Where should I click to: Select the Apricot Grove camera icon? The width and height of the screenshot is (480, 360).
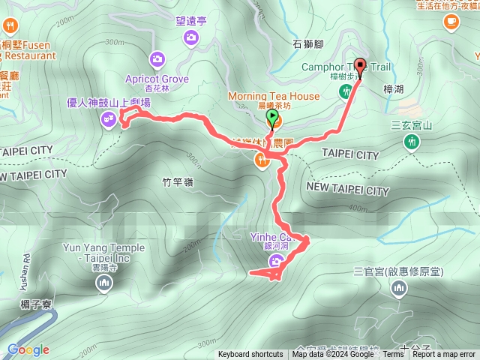pos(157,58)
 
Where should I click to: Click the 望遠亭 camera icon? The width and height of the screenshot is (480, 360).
pos(190,37)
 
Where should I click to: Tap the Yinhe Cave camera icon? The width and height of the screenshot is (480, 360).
pos(276,261)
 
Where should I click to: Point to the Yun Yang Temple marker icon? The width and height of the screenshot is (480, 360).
pos(103,283)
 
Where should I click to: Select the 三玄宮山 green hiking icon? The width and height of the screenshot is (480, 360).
pos(412,142)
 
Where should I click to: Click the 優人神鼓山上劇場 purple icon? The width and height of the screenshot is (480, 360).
pos(109,118)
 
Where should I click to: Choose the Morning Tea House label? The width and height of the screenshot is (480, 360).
pos(274,96)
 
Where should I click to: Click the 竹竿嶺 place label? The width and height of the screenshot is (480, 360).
pos(178,182)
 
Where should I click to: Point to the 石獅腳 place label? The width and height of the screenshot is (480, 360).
pos(307,44)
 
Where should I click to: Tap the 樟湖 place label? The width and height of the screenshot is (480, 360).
pos(393,88)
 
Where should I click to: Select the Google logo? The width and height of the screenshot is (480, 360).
pos(28,349)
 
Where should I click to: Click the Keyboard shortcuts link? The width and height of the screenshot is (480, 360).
pos(250,355)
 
